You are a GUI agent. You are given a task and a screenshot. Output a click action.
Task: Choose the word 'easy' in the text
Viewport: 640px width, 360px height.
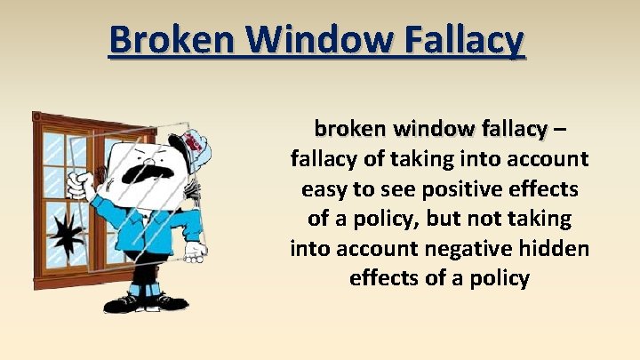(324, 189)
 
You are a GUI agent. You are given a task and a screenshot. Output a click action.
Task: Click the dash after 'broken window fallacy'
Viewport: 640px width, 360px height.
(557, 130)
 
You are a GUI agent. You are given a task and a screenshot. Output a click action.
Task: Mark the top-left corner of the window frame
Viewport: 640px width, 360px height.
(36, 116)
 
